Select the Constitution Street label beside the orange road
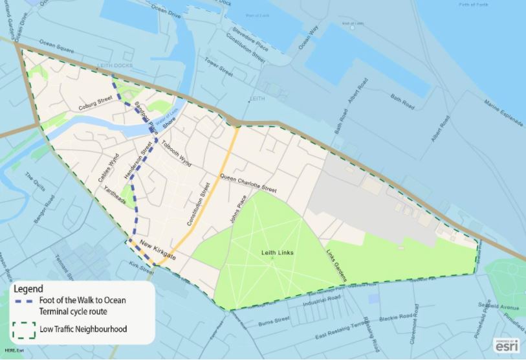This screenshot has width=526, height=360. tap(199, 204)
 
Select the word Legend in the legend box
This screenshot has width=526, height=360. tap(28, 288)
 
